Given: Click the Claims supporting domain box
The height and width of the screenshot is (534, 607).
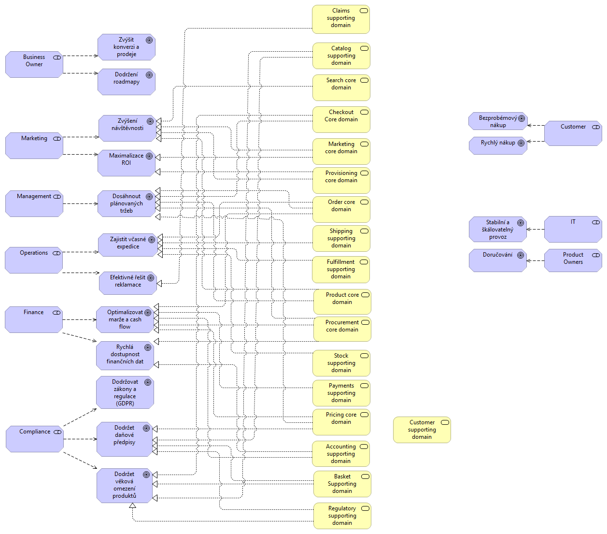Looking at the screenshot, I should (340, 19).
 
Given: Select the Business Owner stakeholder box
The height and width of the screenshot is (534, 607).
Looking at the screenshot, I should (34, 64).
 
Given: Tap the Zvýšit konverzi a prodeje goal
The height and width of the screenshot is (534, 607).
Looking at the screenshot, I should (126, 47).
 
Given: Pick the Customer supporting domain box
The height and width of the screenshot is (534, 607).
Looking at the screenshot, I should (422, 430).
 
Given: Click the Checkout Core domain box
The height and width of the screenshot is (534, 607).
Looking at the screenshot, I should (341, 119).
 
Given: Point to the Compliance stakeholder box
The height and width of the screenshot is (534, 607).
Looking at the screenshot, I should (34, 439).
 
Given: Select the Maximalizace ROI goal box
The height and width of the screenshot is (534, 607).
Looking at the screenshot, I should (126, 163).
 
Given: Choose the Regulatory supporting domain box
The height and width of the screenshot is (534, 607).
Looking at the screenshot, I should (342, 516).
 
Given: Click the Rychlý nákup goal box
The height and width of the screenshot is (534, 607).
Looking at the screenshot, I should (497, 145).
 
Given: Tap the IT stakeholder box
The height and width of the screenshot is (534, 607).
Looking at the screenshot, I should (573, 229).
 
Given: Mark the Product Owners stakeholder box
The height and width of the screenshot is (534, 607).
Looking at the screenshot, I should (573, 260).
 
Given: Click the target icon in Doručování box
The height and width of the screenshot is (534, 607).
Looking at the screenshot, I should (521, 255).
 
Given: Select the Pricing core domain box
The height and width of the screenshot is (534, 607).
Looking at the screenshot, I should (341, 422).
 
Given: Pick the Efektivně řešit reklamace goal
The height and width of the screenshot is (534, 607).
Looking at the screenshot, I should (127, 283).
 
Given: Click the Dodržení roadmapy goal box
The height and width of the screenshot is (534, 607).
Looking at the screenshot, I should (126, 82).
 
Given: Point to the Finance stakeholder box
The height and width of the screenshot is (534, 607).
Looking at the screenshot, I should (33, 319).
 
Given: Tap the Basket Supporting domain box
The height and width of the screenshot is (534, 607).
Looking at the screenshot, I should (342, 484).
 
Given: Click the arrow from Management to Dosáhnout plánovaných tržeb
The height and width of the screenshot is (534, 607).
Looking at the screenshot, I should (80, 203).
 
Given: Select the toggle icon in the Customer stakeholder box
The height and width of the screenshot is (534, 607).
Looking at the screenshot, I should (596, 127).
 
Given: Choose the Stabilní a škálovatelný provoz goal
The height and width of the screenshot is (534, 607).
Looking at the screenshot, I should (497, 229).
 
